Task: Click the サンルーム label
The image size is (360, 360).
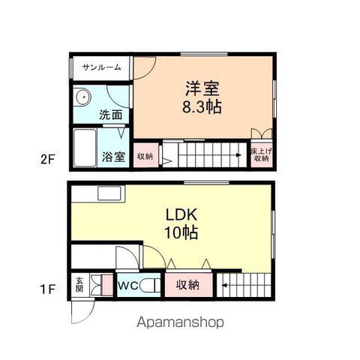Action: tap(101, 67)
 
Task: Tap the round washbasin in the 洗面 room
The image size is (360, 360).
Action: tap(82, 97)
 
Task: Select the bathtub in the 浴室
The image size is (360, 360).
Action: tap(85, 148)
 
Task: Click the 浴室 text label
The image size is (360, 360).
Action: tap(113, 157)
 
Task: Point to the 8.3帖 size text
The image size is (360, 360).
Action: tap(202, 107)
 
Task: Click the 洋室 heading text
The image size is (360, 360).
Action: tap(202, 88)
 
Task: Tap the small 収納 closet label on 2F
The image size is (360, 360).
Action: tap(145, 157)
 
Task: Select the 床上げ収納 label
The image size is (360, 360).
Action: tap(261, 154)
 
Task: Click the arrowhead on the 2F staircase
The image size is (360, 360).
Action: tap(238, 155)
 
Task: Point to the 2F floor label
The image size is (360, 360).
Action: tap(47, 159)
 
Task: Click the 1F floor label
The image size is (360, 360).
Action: tap(47, 289)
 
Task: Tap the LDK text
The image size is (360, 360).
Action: tap(181, 214)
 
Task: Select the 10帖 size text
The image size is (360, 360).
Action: tap(181, 232)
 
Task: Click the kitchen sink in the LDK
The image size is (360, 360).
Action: tap(109, 193)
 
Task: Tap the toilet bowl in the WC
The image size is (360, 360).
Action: tap(149, 286)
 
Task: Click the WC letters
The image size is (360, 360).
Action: tap(128, 286)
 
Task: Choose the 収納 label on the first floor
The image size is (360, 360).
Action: tap(187, 284)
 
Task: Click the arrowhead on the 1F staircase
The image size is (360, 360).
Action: tap(224, 285)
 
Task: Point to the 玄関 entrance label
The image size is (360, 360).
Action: tap(79, 284)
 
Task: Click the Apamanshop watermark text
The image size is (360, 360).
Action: tap(180, 322)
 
